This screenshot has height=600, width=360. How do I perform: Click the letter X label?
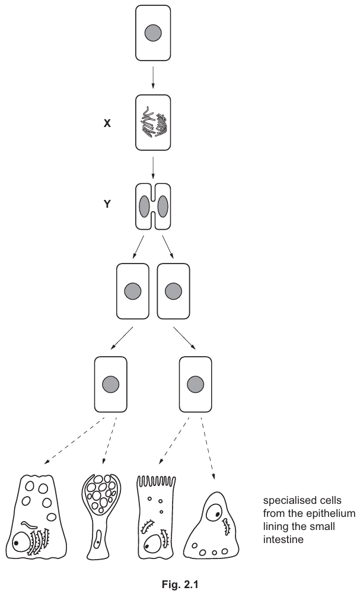tap(107, 125)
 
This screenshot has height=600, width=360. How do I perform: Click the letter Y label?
tap(107, 208)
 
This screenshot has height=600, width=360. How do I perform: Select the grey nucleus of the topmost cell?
tap(153, 33)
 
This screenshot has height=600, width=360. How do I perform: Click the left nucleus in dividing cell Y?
tap(144, 209)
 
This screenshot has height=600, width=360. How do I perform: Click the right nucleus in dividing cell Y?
tap(163, 209)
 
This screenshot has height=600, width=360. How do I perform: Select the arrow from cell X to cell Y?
tap(153, 167)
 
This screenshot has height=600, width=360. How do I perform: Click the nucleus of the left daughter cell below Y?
tap(133, 291)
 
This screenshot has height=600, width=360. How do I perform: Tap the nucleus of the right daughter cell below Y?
tap(173, 291)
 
